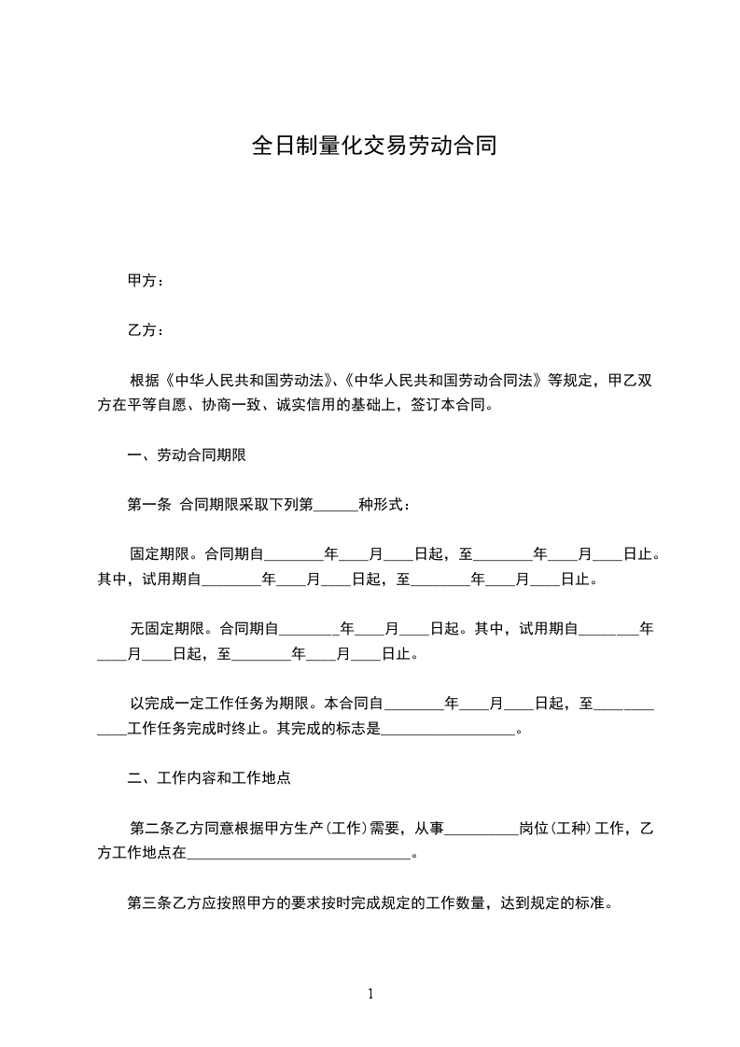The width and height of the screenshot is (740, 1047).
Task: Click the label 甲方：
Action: pyautogui.click(x=146, y=281)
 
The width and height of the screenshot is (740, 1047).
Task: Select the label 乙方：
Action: pyautogui.click(x=146, y=330)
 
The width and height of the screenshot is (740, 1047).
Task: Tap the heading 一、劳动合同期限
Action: pyautogui.click(x=187, y=455)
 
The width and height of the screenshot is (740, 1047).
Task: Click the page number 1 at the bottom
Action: pyautogui.click(x=370, y=994)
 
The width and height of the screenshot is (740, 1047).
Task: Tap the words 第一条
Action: pyautogui.click(x=148, y=505)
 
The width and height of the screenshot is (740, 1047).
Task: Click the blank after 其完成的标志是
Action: pyautogui.click(x=448, y=729)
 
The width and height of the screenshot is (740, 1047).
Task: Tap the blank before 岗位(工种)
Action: pyautogui.click(x=482, y=828)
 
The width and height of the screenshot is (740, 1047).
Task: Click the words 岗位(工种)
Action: pyautogui.click(x=555, y=828)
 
